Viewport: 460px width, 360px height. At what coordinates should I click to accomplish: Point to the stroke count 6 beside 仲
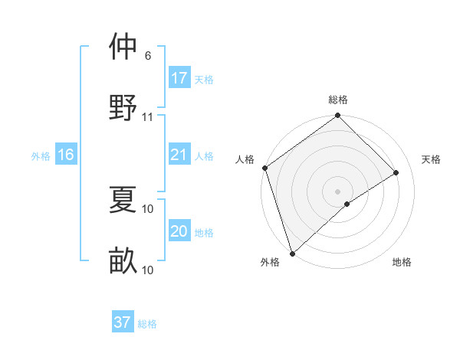pyautogui.click(x=147, y=57)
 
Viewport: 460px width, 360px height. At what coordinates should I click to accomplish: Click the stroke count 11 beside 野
pyautogui.click(x=148, y=117)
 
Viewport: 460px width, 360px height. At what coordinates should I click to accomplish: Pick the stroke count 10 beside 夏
pyautogui.click(x=148, y=208)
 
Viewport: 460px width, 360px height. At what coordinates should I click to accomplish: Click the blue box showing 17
pyautogui.click(x=179, y=78)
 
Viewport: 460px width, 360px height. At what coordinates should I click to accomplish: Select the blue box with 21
pyautogui.click(x=179, y=155)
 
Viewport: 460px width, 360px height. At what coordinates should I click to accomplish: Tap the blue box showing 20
pyautogui.click(x=179, y=231)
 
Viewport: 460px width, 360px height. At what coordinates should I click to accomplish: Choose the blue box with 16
pyautogui.click(x=66, y=155)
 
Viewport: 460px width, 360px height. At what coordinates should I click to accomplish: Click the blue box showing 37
pyautogui.click(x=123, y=322)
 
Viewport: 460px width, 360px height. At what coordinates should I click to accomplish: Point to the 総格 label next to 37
pyautogui.click(x=147, y=324)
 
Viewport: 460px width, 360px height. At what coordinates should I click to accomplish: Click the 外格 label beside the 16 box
pyautogui.click(x=41, y=156)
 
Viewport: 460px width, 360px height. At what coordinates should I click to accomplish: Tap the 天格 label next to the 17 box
pyautogui.click(x=203, y=80)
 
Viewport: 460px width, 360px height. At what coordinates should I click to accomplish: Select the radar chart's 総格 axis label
pyautogui.click(x=338, y=100)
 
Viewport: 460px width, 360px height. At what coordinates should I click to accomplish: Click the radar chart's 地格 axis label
pyautogui.click(x=402, y=262)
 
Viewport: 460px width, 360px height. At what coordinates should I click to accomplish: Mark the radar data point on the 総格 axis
pyautogui.click(x=337, y=116)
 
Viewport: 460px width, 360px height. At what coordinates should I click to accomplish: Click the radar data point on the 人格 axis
pyautogui.click(x=264, y=168)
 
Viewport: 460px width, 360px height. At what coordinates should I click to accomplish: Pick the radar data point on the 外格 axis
pyautogui.click(x=292, y=253)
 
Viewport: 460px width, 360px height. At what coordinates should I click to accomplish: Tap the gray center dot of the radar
pyautogui.click(x=337, y=191)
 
